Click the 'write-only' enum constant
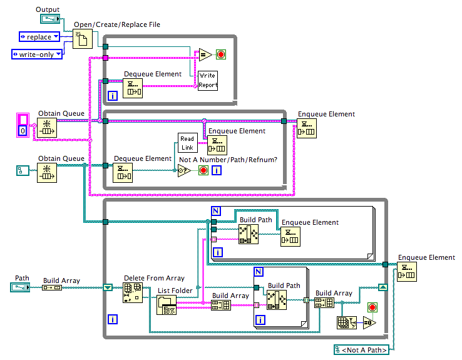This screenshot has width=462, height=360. [x=37, y=54]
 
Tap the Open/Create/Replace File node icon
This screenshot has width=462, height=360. [x=83, y=39]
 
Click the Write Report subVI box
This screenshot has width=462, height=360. [x=208, y=80]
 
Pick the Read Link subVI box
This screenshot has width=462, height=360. [x=187, y=143]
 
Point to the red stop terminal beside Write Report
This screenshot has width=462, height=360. [x=221, y=55]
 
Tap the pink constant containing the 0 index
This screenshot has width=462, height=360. [x=23, y=125]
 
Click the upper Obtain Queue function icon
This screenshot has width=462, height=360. [x=47, y=127]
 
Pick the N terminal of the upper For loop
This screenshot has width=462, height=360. [x=215, y=212]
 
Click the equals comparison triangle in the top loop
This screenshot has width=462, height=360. [x=205, y=55]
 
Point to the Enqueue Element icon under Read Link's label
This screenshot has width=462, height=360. [x=217, y=145]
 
